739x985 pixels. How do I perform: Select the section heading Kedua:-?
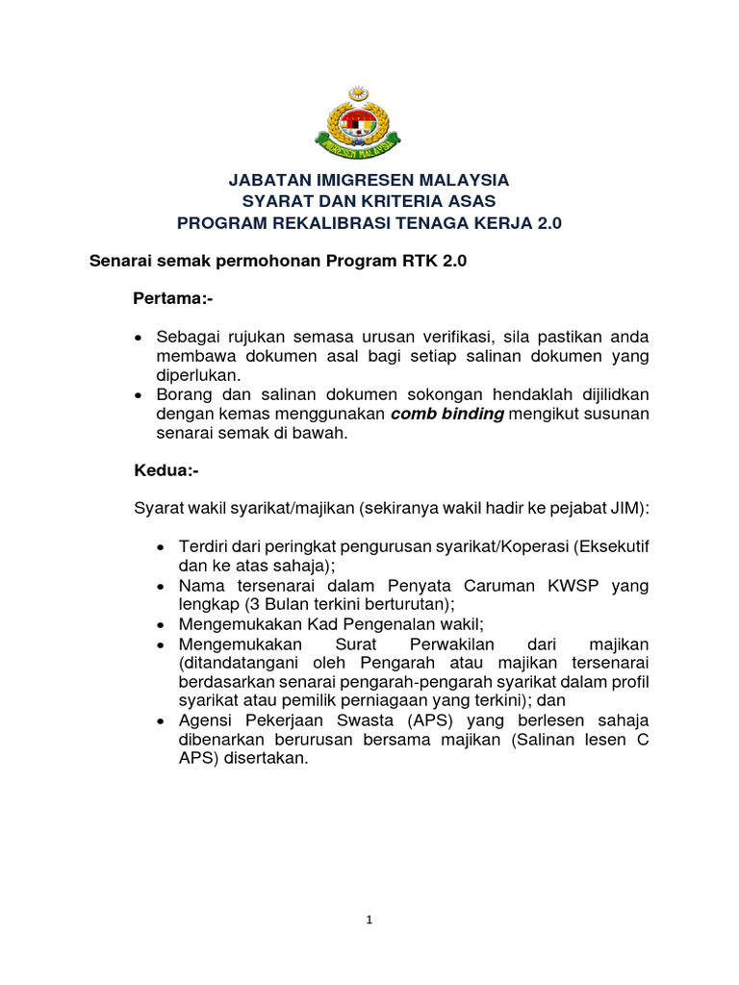(x=166, y=471)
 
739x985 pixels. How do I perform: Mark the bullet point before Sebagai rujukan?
(x=139, y=338)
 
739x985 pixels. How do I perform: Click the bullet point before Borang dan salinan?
(x=139, y=394)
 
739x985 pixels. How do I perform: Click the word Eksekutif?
(x=612, y=546)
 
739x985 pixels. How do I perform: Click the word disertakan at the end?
(x=264, y=757)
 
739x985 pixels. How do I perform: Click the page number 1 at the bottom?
(x=369, y=920)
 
